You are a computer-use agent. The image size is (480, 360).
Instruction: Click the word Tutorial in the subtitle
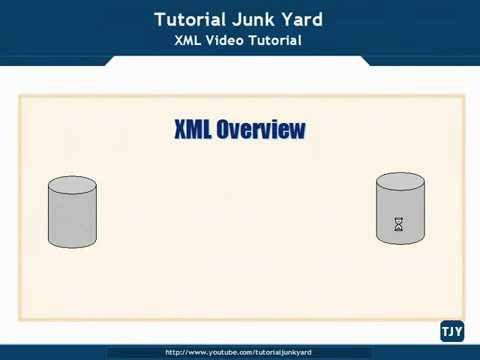[278, 41]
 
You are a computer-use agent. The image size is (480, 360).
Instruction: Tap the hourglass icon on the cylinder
[399, 225]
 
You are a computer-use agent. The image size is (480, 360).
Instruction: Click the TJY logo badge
[451, 332]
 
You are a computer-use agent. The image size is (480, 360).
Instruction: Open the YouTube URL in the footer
[239, 352]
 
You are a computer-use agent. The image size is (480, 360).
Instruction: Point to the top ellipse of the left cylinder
[73, 184]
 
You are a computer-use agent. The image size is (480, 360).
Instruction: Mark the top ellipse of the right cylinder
[400, 181]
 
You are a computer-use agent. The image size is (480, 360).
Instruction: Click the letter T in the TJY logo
[444, 332]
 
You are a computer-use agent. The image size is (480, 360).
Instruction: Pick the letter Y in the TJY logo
[458, 332]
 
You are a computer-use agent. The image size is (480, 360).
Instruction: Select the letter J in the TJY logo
[451, 332]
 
